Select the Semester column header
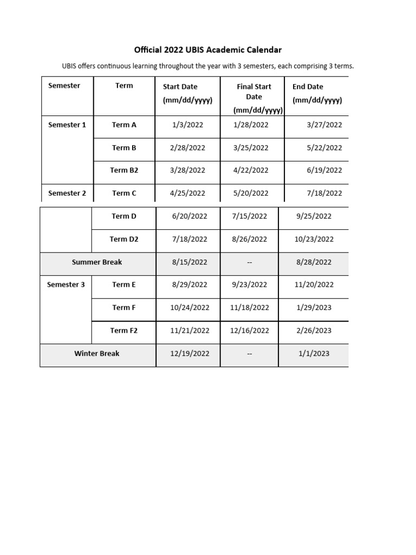coord(64,86)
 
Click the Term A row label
coord(124,125)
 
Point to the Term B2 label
coord(124,170)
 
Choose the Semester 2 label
coord(67,193)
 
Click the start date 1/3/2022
coord(187,125)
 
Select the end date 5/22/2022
coord(324,147)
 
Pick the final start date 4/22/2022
coord(251,170)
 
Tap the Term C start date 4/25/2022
coord(187,193)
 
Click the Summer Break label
coord(97,262)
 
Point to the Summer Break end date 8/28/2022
coord(314,262)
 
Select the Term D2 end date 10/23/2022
coord(315,239)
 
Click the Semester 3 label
coord(66,285)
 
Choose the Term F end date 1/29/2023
coord(314,307)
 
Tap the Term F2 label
coord(124,331)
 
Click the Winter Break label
coord(97,353)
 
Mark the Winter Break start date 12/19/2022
coord(190,353)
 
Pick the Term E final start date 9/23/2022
coord(249,285)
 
